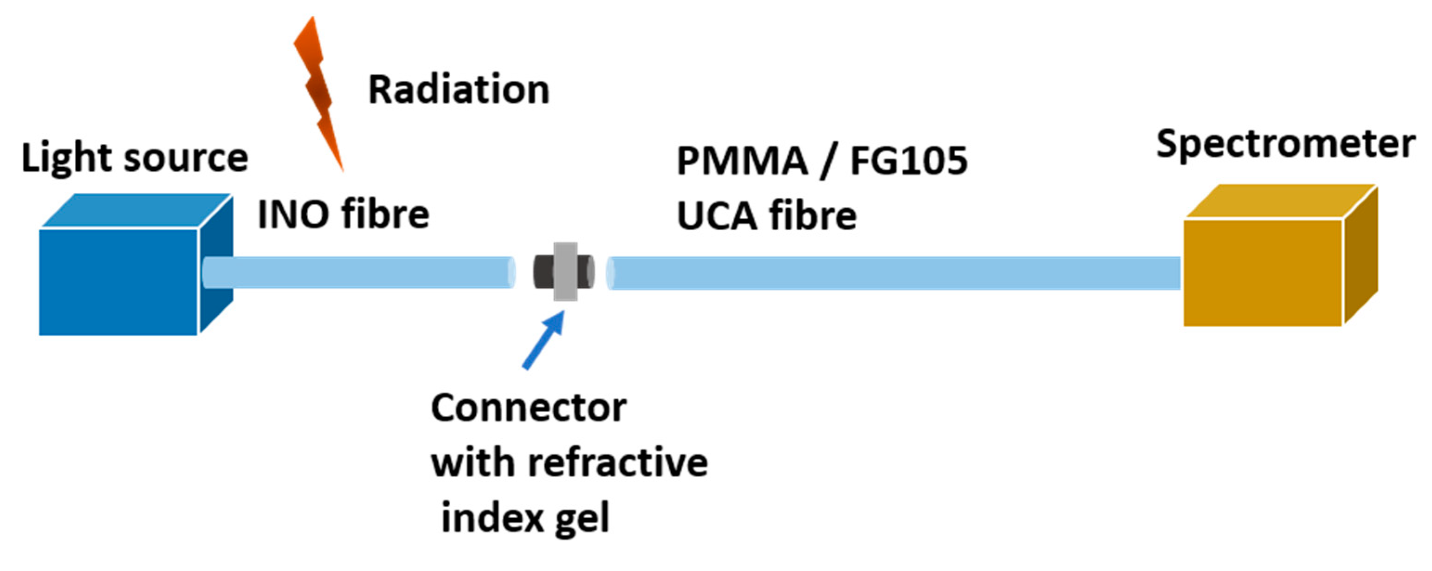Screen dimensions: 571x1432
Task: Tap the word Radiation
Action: [x=459, y=90]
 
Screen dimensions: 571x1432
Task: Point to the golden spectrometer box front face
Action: [x=1263, y=273]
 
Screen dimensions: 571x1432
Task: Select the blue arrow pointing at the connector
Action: [x=544, y=340]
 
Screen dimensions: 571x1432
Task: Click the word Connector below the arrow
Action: [x=528, y=409]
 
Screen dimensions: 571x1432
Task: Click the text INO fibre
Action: [x=343, y=214]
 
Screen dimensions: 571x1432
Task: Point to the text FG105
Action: [x=909, y=161]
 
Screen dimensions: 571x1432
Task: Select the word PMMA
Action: [x=742, y=161]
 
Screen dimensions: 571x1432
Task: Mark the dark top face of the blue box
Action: [x=136, y=210]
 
